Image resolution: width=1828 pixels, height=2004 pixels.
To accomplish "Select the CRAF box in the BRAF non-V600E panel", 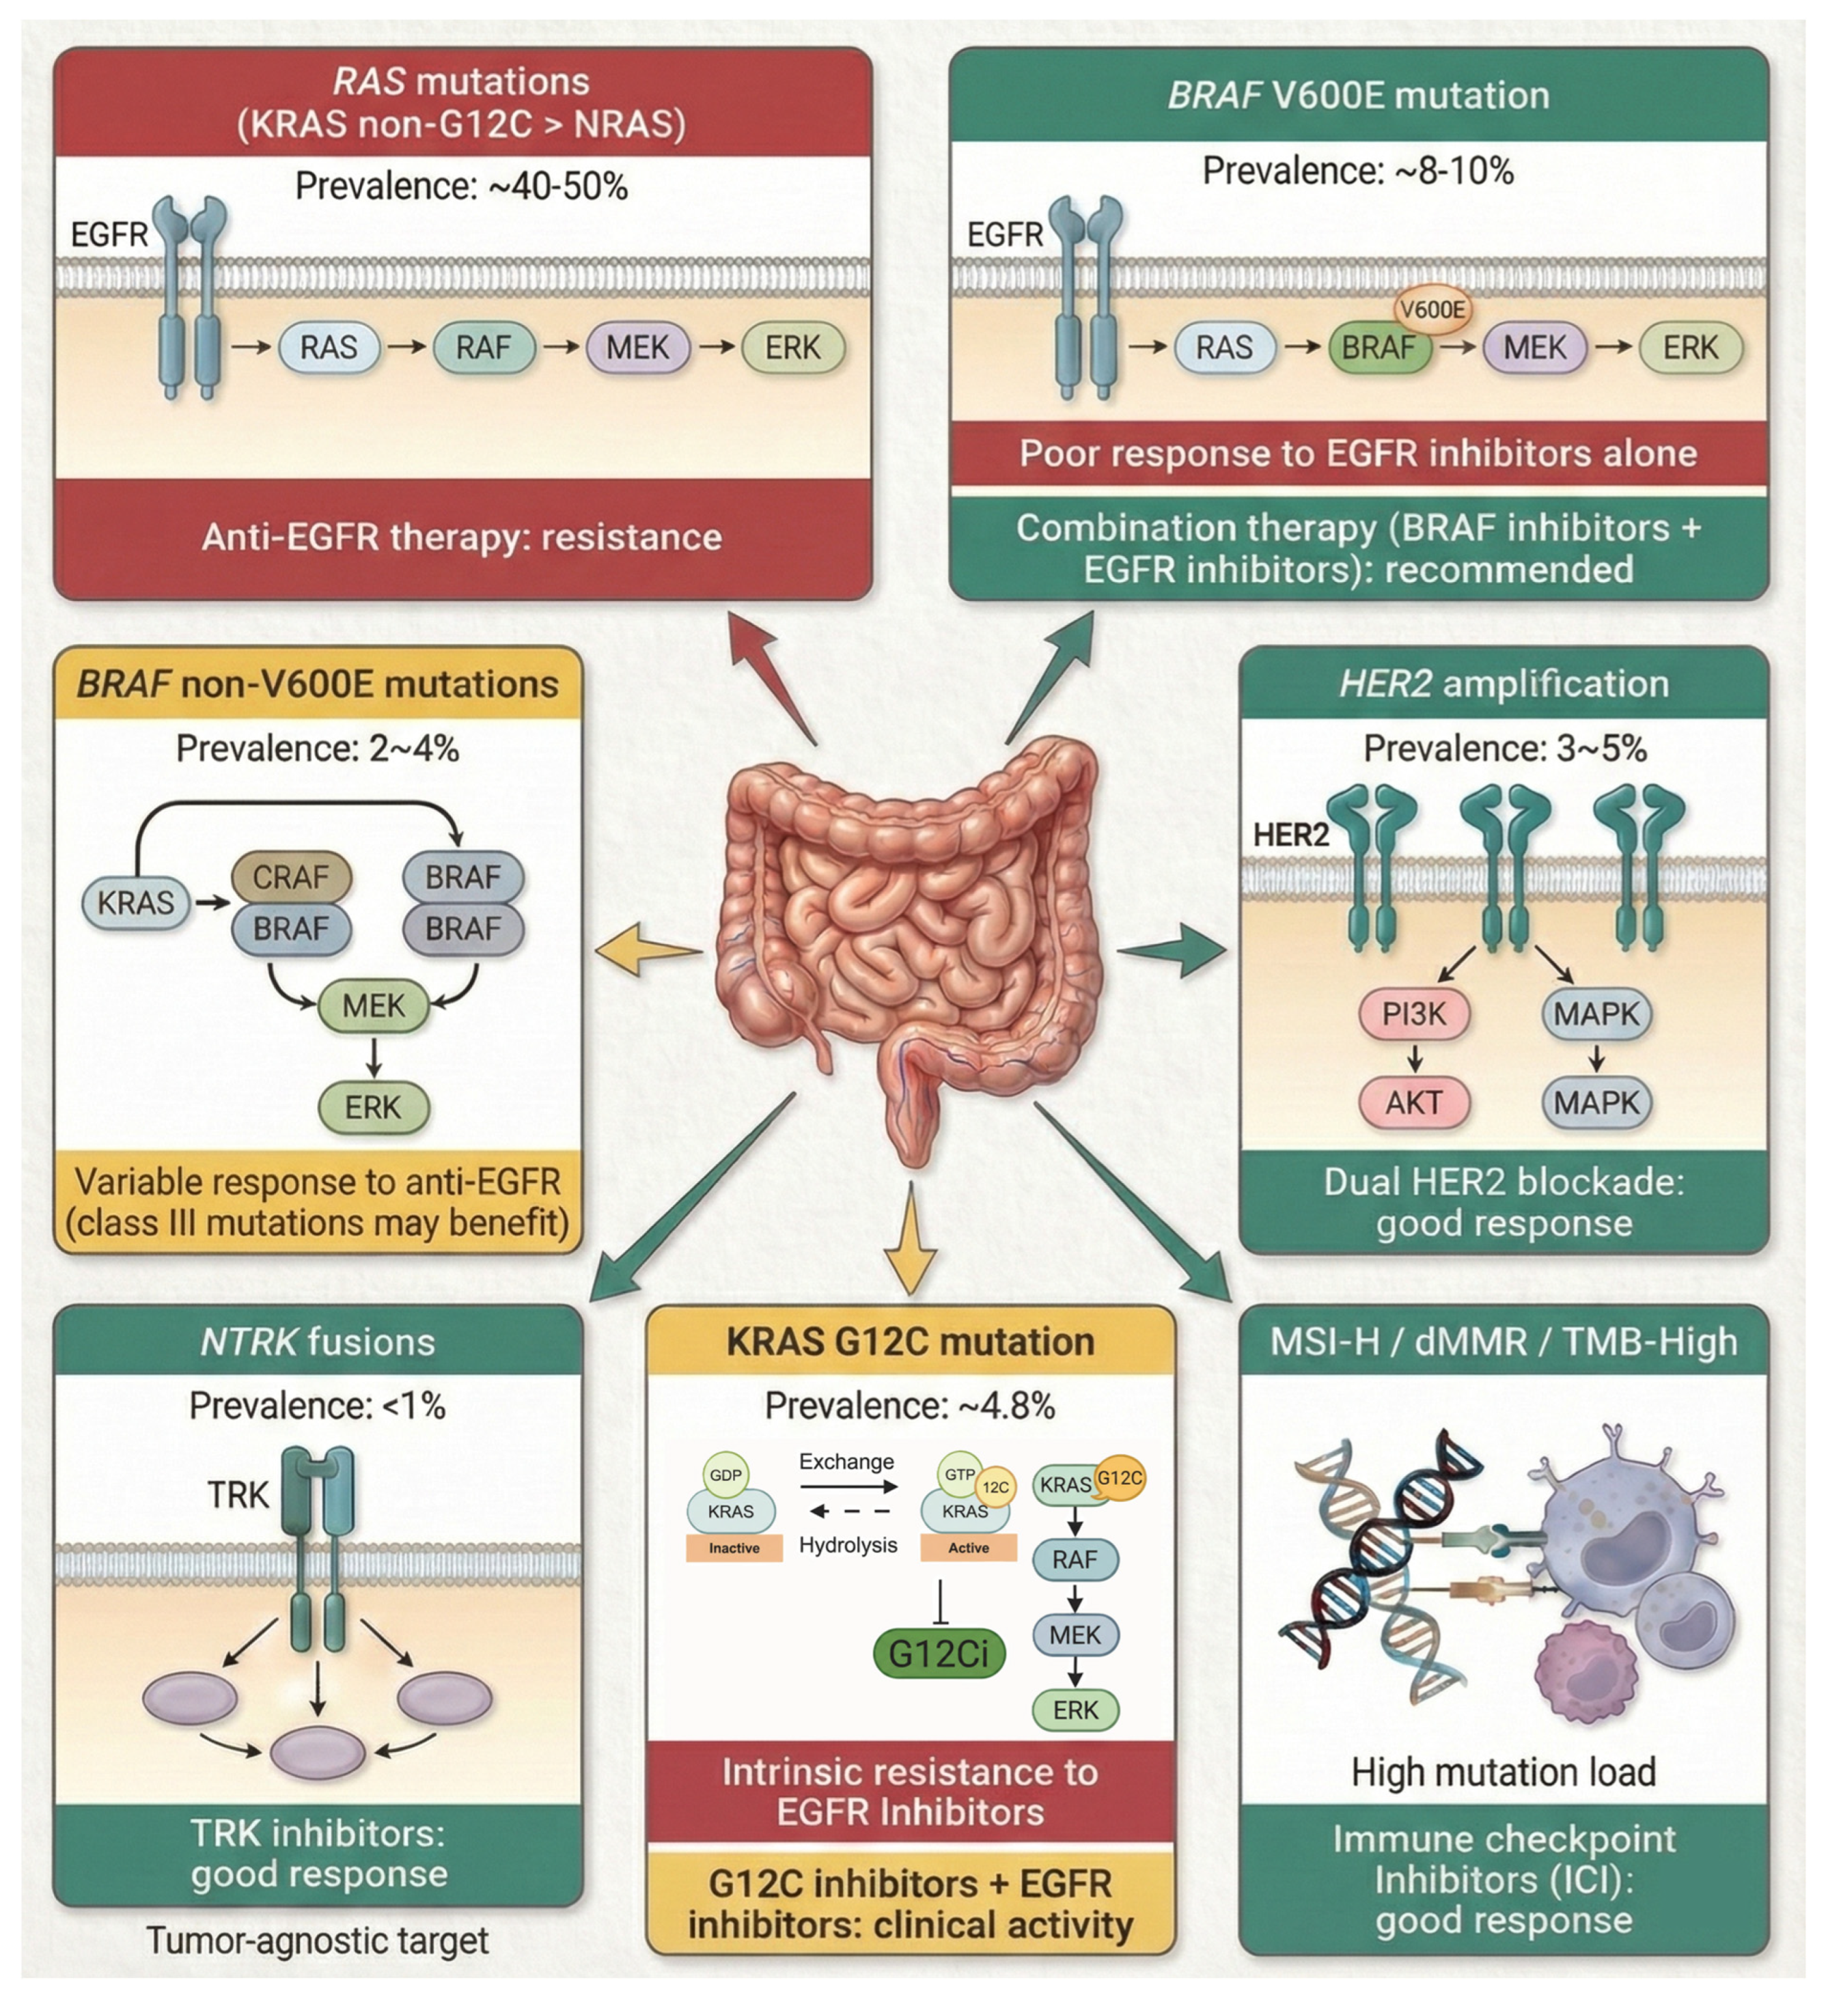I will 290,877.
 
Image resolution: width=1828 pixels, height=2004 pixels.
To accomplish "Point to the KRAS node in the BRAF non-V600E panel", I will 135,902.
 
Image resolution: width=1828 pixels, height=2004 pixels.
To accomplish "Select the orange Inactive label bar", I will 734,1548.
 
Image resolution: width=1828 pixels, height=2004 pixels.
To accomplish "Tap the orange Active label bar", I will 968,1548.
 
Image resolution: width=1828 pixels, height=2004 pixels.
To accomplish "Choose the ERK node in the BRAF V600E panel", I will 1690,348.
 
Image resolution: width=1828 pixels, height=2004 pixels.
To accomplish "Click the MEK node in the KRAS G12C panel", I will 1075,1634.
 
